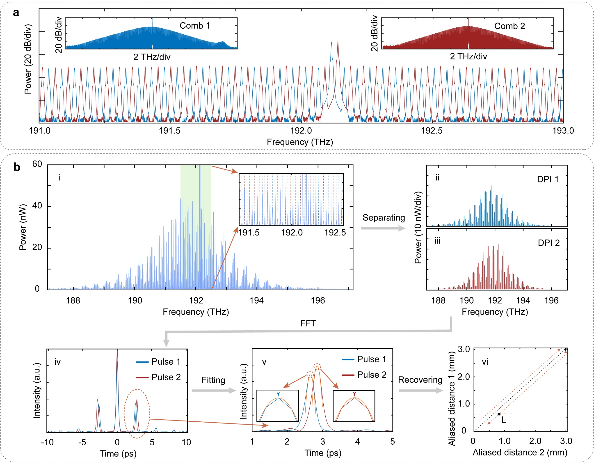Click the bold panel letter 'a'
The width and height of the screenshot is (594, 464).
click(x=16, y=13)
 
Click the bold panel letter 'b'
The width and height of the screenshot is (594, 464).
click(x=17, y=167)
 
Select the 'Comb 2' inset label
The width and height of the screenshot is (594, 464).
click(x=509, y=26)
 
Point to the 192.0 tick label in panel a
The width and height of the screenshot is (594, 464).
click(x=301, y=131)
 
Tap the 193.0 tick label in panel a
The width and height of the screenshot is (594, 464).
click(x=563, y=131)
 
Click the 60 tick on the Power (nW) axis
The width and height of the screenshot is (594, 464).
click(x=37, y=164)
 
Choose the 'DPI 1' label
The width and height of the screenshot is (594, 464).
click(x=548, y=180)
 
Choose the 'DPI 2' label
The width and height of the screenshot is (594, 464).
click(x=548, y=243)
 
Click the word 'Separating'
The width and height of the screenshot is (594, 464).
click(x=384, y=218)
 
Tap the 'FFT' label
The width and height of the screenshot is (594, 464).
click(x=308, y=323)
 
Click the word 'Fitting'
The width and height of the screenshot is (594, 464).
click(x=213, y=380)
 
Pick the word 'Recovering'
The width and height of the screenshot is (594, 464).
click(x=420, y=380)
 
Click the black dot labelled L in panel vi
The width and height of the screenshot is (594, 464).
click(x=499, y=414)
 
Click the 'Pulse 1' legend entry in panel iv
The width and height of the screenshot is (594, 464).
click(x=166, y=362)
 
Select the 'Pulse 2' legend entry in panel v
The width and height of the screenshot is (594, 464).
click(x=372, y=375)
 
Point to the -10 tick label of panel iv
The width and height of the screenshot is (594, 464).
click(x=47, y=442)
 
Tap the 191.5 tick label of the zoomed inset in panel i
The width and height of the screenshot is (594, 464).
click(x=249, y=233)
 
